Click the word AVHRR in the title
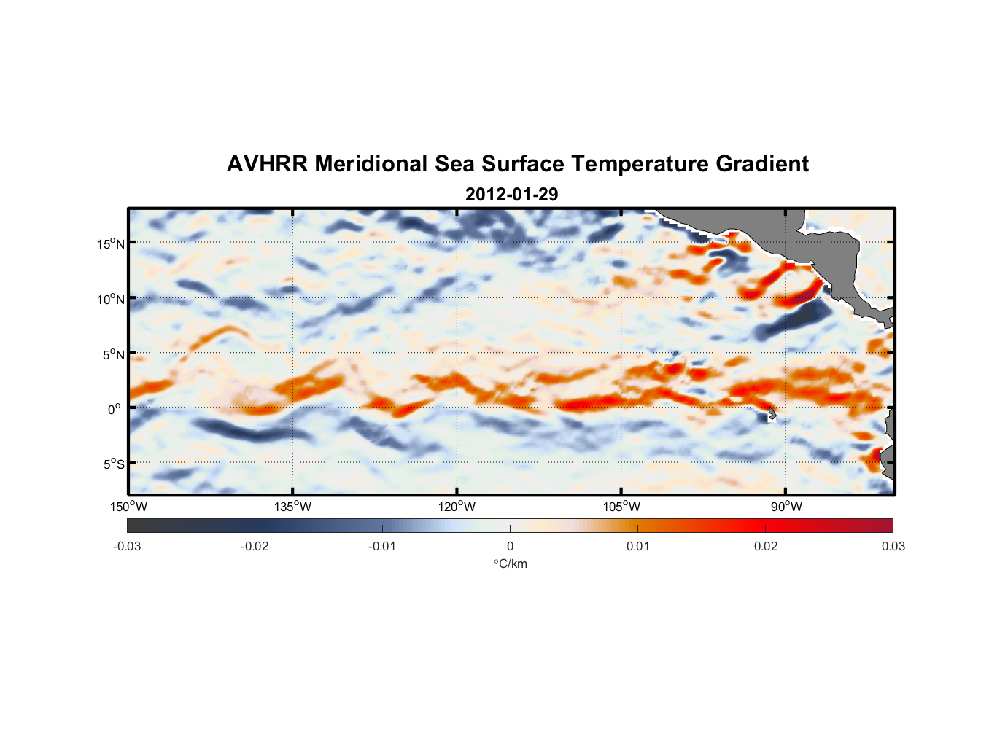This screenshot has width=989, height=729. click(266, 164)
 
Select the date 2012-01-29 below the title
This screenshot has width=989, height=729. click(511, 195)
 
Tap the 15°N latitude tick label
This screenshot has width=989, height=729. click(111, 243)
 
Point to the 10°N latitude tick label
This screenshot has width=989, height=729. click(111, 299)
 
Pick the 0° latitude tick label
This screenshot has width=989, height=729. click(115, 410)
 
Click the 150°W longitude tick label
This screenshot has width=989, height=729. click(128, 507)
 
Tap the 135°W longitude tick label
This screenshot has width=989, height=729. click(292, 507)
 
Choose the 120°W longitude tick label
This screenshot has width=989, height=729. click(457, 507)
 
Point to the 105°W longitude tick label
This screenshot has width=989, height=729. click(621, 507)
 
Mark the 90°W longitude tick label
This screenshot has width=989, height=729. click(786, 507)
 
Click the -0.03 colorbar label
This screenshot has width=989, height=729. click(127, 546)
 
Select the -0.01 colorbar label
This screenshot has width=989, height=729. click(382, 546)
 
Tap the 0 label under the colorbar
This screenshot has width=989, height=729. click(510, 546)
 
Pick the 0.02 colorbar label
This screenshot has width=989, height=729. click(766, 546)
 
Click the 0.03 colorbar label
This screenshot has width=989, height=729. click(893, 546)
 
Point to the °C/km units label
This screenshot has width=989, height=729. click(510, 564)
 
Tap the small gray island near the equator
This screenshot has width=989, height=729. click(772, 413)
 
